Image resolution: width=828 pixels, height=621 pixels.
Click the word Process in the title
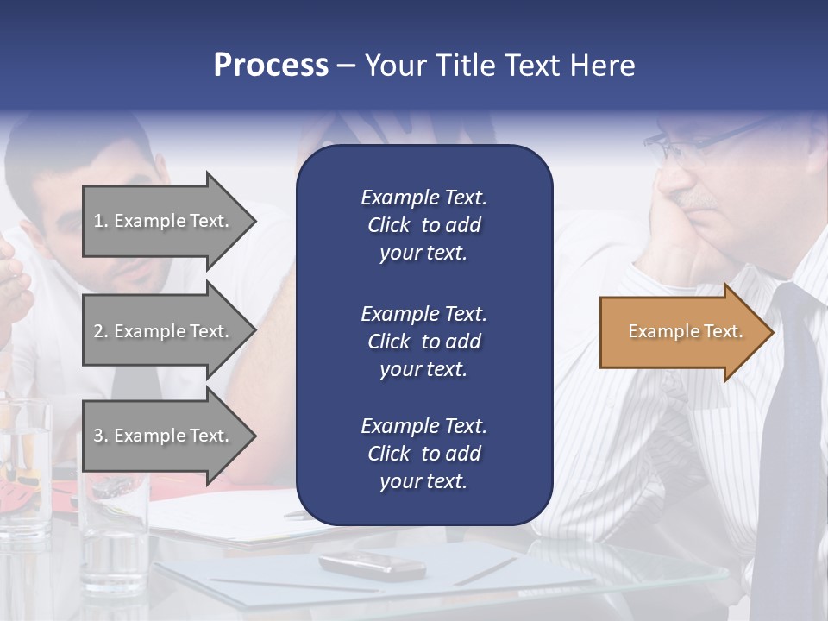click(271, 66)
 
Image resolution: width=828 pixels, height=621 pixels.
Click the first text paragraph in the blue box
click(423, 225)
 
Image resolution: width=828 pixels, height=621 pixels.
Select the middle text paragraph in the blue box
click(423, 342)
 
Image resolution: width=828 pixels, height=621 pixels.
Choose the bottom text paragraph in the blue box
click(423, 454)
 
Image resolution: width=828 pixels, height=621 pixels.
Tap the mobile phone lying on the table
click(372, 565)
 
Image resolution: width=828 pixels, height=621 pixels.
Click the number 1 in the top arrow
click(98, 221)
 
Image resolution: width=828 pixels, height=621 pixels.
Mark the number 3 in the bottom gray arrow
click(98, 436)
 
